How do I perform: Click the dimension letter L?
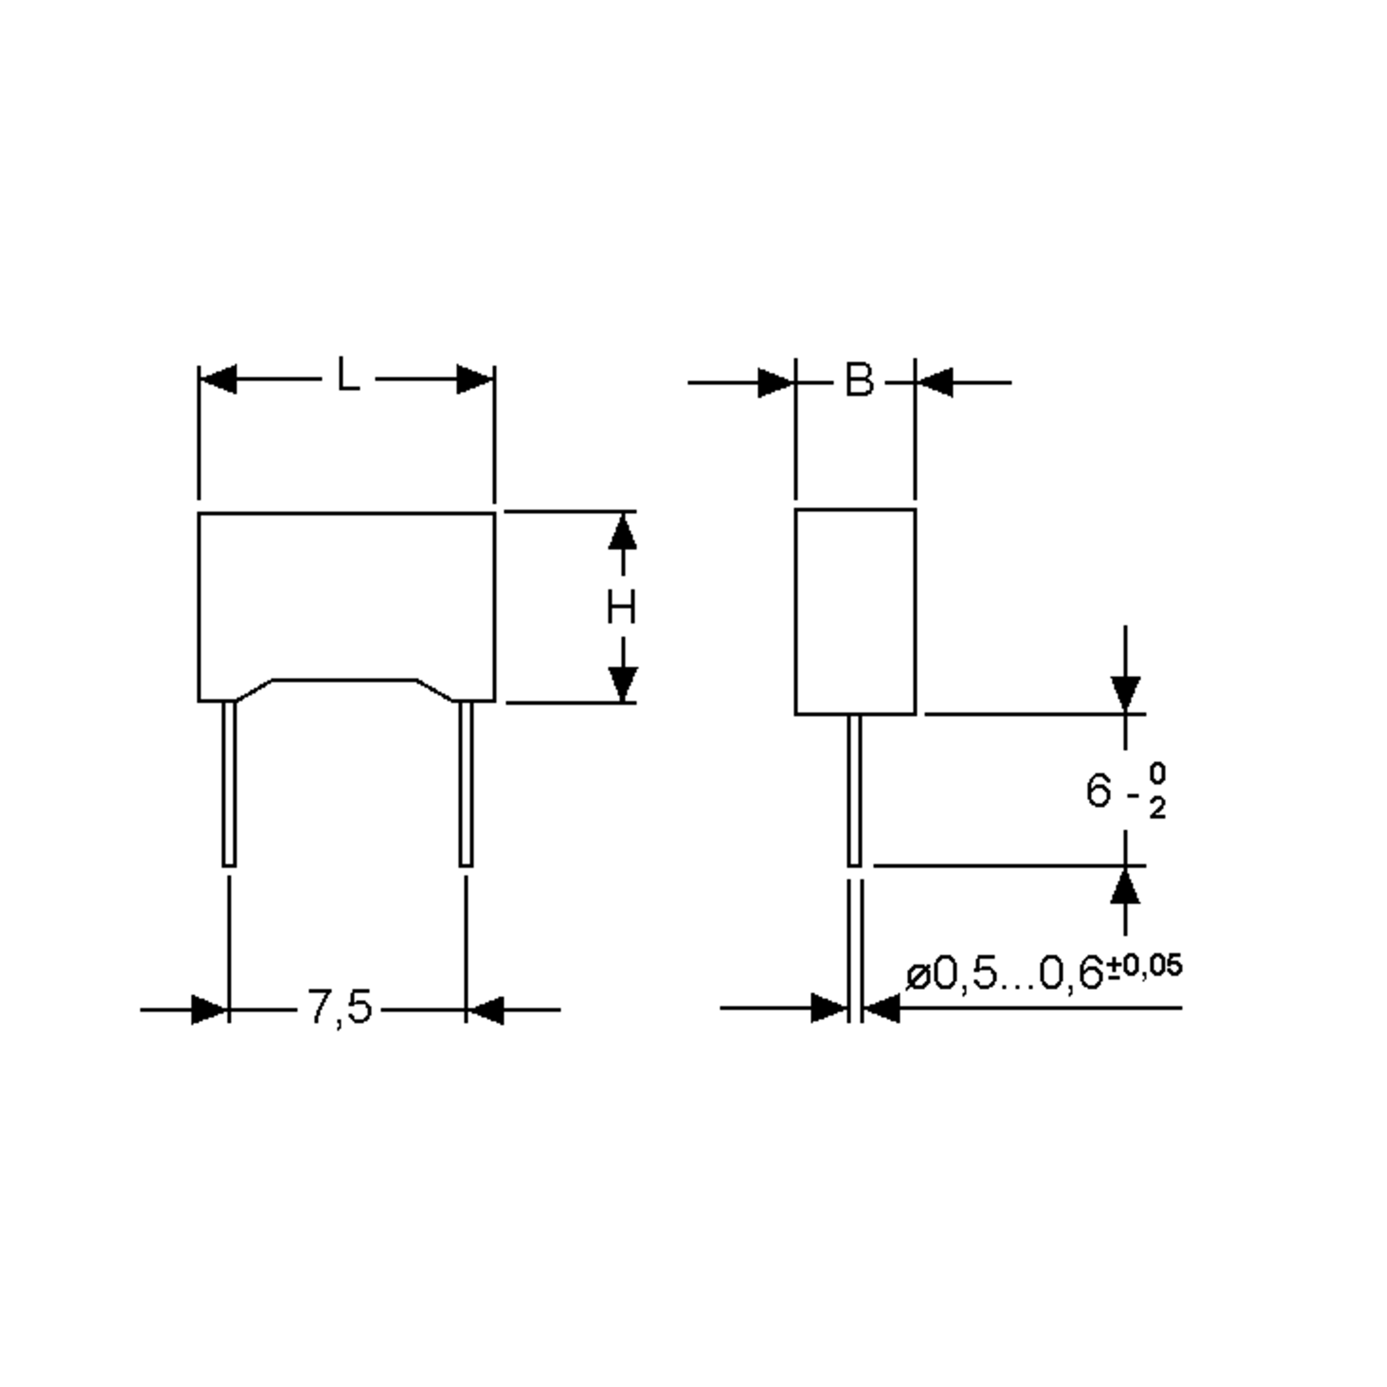(348, 376)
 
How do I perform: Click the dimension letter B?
(859, 380)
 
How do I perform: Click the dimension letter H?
(621, 607)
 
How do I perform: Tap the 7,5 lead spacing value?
(340, 1007)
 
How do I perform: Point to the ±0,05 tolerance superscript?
(1144, 966)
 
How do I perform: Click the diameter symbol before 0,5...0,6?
(918, 976)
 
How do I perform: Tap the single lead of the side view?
(854, 789)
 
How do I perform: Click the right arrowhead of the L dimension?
(475, 379)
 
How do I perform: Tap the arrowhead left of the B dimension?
(776, 383)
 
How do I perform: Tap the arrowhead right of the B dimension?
(934, 383)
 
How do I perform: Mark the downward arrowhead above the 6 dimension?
(1125, 693)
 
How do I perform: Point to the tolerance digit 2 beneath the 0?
(1156, 809)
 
